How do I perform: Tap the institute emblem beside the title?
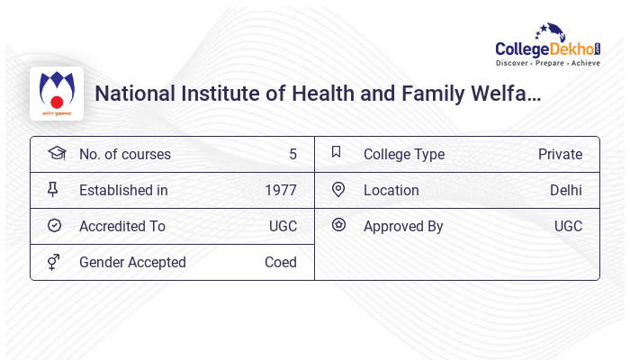[x=57, y=94]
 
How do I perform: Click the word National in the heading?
[x=134, y=94]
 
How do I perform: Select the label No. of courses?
[x=124, y=154]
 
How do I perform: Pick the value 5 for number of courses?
[x=292, y=154]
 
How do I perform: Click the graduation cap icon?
[x=56, y=153]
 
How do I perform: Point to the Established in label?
[x=123, y=190]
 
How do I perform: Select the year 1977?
[x=280, y=190]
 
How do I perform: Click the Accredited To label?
[x=122, y=226]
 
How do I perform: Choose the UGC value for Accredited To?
[x=283, y=226]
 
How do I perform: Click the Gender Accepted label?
[x=132, y=262]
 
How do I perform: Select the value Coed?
[x=280, y=262]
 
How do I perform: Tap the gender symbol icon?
[x=55, y=262]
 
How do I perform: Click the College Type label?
[x=404, y=154]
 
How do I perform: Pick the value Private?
[x=560, y=154]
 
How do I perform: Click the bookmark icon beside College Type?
[x=337, y=153]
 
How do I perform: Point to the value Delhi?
[x=566, y=190]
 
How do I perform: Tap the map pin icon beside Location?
[x=337, y=190]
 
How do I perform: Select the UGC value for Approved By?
[x=568, y=226]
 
